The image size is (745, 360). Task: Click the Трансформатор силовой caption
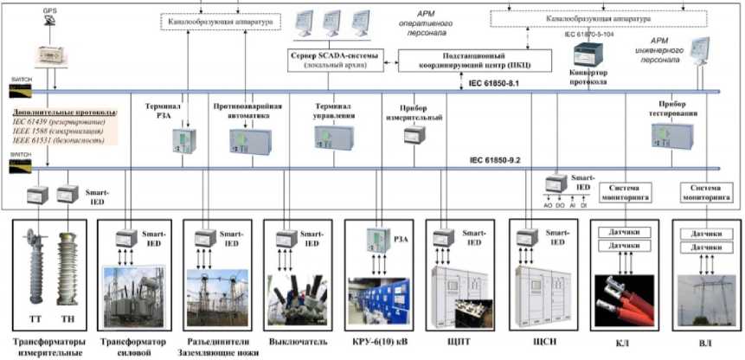(130, 346)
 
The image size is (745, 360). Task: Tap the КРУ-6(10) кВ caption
(378, 341)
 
